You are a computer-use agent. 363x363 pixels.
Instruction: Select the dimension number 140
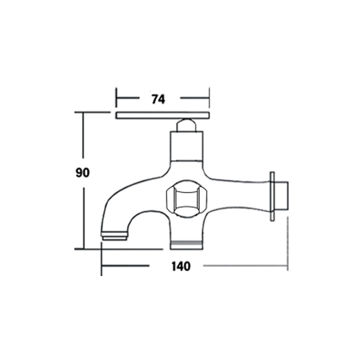pos(181,266)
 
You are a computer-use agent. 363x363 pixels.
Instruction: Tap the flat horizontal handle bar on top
pos(163,115)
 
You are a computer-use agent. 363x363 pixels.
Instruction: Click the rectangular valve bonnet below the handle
pos(187,146)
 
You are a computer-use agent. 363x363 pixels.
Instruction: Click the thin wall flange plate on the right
pos(272,197)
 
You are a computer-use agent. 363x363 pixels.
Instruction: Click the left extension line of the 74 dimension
pos(116,97)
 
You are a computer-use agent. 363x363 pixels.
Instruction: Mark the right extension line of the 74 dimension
pos(209,97)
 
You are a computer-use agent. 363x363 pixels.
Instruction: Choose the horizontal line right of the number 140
pos(245,265)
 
